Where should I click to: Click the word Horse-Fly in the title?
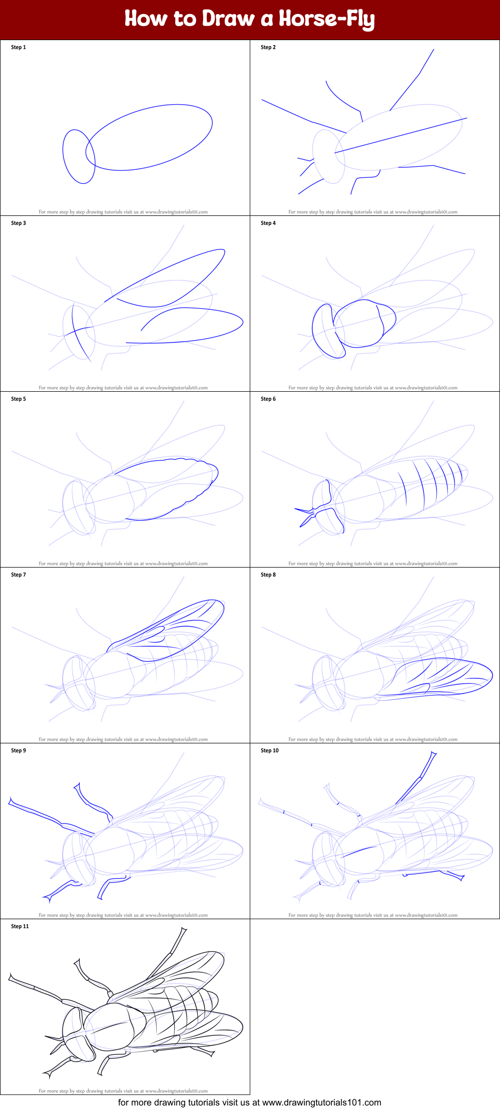tap(326, 19)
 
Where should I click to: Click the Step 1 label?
tap(19, 47)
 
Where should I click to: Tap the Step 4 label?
tap(268, 223)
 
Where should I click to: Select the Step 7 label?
tap(19, 575)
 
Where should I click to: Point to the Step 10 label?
tap(270, 750)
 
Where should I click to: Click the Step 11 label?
tap(20, 926)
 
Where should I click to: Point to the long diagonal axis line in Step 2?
tap(400, 135)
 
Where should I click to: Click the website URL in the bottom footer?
tap(321, 1102)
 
